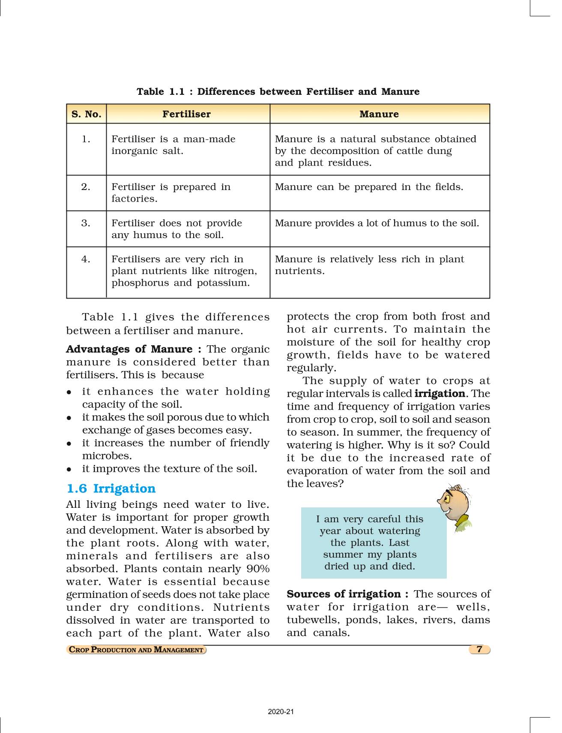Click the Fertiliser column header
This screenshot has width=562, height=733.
tap(186, 114)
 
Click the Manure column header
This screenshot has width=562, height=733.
tap(379, 114)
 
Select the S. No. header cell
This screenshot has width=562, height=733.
tap(86, 114)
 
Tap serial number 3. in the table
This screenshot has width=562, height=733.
tap(86, 223)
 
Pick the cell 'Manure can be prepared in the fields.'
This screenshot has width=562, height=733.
tap(369, 187)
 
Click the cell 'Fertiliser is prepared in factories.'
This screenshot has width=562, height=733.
tap(171, 193)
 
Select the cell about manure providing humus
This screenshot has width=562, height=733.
tap(377, 223)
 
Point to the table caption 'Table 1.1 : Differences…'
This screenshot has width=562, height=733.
tap(278, 91)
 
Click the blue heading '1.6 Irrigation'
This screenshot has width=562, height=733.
tap(111, 489)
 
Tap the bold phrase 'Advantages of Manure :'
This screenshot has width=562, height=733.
tap(135, 349)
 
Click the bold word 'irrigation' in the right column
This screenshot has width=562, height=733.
tap(440, 394)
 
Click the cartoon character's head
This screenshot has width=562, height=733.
tap(454, 502)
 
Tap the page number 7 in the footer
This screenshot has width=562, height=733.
tap(479, 649)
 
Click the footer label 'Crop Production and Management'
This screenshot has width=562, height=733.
tap(136, 650)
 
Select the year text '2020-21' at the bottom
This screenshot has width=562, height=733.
tap(281, 712)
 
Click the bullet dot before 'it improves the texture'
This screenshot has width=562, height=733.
tap(69, 469)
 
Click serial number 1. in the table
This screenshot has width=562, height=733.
tap(86, 139)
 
